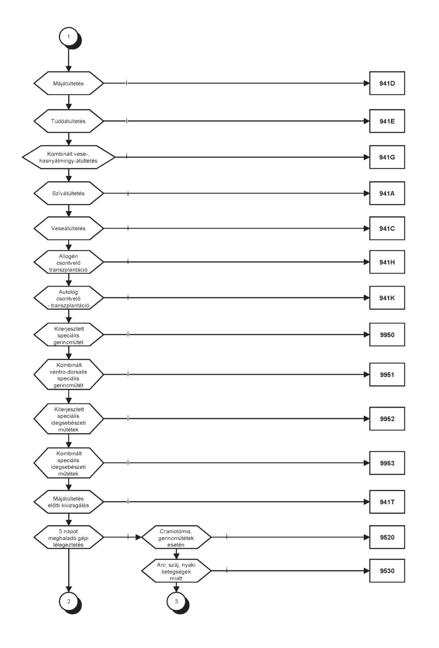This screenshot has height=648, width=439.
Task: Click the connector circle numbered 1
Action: (69, 36)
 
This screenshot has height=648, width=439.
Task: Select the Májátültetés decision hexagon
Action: (69, 83)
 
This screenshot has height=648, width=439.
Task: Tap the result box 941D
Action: (387, 83)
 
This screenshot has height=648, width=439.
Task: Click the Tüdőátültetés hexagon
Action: (69, 121)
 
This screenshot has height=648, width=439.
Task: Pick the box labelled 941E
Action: (387, 121)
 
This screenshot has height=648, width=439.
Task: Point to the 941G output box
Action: (387, 157)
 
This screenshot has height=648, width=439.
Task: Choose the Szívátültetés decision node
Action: (69, 193)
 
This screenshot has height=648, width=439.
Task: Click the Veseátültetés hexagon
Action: (69, 228)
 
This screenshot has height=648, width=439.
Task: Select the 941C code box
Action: (387, 228)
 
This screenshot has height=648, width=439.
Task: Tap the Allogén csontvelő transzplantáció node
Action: (69, 262)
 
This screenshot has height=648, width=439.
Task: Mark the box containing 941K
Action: (387, 298)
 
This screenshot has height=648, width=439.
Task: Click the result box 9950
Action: (387, 335)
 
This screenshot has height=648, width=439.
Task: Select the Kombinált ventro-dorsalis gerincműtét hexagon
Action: (69, 375)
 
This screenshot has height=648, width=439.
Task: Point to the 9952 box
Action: (387, 419)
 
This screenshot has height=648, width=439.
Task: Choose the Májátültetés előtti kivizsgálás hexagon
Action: (69, 502)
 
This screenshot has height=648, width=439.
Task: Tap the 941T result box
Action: (387, 502)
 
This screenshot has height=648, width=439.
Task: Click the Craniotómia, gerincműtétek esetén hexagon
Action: (176, 537)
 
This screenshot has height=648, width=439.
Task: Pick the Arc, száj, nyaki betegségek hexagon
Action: (176, 571)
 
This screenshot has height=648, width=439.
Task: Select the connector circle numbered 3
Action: (176, 601)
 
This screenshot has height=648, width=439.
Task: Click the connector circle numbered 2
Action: (69, 601)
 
